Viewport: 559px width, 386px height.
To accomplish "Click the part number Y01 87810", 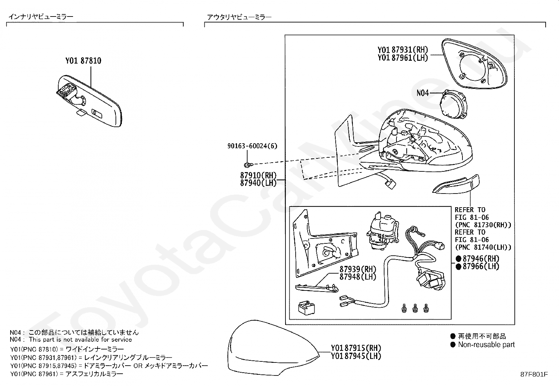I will point(83,61).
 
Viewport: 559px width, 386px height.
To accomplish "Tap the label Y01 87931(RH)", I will point(403,50).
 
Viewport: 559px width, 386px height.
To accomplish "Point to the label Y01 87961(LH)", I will point(403,58).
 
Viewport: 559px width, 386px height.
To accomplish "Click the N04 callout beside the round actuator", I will point(423,93).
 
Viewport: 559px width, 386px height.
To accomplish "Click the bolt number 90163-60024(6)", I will point(252,146).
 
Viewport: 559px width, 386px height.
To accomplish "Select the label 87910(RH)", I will point(258,175).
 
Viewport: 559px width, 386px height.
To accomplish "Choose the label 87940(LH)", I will point(258,183).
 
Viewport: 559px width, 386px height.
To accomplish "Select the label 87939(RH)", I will point(357,269).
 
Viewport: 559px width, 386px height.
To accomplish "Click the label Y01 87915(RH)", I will point(356,348).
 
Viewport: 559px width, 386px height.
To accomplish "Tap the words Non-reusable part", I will point(486,345).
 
